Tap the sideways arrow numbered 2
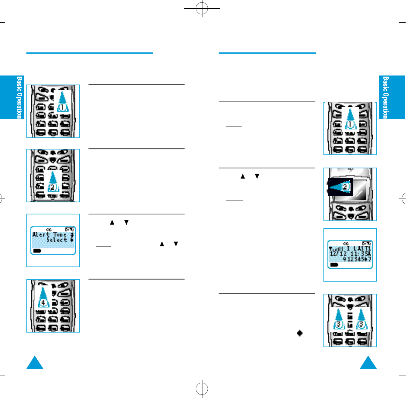pos(340,187)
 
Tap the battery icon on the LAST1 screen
pos(334,265)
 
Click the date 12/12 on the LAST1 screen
pos(336,254)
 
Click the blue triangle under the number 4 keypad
pos(35,363)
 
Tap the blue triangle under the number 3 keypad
pos(368,363)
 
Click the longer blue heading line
pos(89,53)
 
